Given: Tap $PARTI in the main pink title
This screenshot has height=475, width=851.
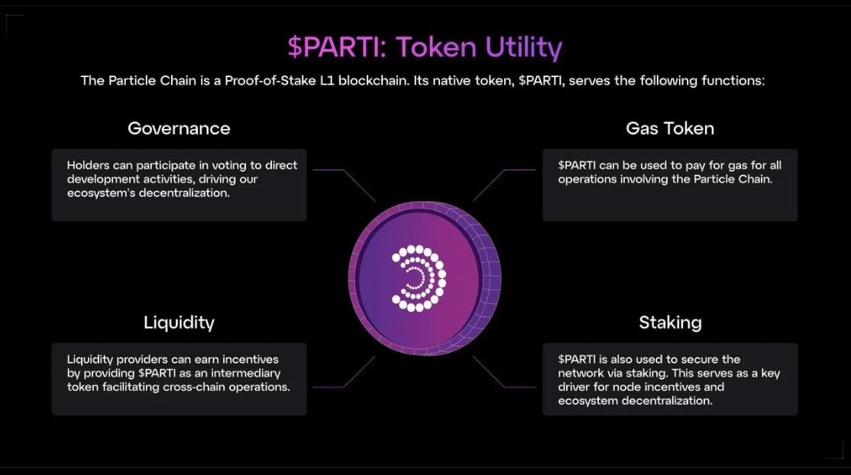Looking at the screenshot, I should tap(338, 47).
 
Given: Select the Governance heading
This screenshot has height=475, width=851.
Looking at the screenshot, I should tap(179, 128).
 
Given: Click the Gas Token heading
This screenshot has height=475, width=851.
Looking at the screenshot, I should tap(670, 128).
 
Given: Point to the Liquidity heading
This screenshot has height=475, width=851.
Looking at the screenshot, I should tap(179, 322).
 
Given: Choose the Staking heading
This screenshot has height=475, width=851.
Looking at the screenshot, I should tap(670, 322).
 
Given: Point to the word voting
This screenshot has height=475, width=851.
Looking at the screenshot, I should tap(235, 165).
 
